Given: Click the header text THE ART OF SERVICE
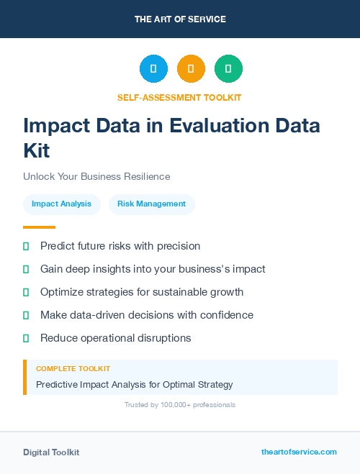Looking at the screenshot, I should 180,19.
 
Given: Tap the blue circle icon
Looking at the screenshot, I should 153,69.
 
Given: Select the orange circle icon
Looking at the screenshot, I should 191,69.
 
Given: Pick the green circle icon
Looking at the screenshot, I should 228,69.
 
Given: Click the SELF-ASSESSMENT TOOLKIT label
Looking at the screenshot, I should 179,97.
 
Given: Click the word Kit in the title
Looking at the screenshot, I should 37,151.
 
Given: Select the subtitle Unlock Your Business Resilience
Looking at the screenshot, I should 96,176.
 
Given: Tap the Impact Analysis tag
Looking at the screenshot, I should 61,204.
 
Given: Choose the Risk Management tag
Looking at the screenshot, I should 151,204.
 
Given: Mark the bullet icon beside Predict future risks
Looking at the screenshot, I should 26,246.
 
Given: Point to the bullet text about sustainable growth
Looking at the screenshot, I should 142,292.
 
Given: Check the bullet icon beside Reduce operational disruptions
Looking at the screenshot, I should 26,338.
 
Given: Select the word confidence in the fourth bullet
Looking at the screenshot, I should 227,315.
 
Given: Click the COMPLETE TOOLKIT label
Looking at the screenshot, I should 73,368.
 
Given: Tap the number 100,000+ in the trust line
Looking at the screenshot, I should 173,405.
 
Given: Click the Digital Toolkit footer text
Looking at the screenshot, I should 51,452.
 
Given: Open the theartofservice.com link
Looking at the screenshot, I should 299,452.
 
